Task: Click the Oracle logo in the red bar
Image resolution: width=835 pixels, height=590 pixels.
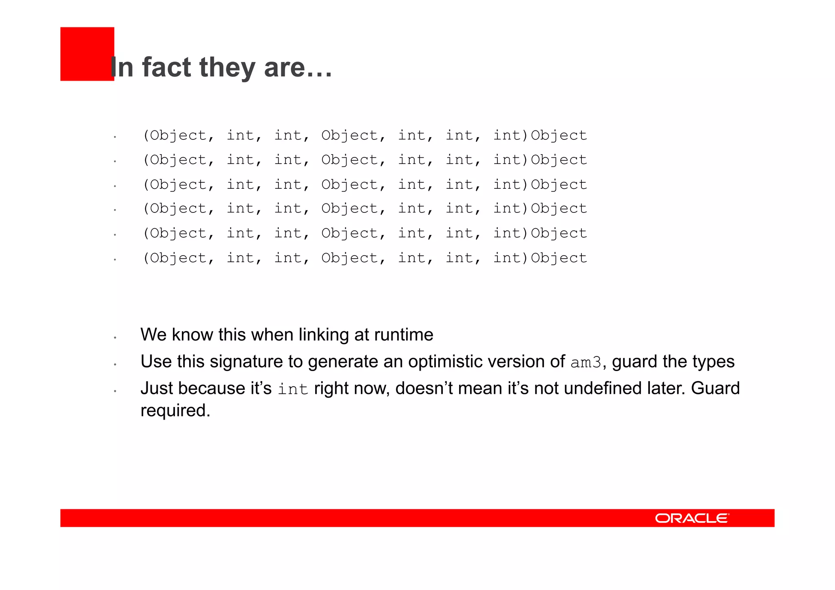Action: (692, 518)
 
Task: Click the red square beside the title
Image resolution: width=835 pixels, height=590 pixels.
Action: (87, 53)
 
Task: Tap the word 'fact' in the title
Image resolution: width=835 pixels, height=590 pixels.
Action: (166, 67)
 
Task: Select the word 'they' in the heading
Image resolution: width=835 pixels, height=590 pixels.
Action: (228, 68)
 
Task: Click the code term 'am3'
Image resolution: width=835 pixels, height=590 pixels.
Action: (585, 362)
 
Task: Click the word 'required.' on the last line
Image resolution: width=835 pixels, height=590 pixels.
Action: (175, 410)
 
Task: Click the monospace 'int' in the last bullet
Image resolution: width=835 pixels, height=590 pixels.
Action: (293, 389)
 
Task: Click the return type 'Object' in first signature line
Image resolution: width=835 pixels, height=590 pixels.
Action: (559, 135)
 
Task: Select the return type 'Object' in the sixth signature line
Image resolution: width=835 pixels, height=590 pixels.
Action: (559, 258)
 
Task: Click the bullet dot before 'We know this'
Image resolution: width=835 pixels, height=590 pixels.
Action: (115, 338)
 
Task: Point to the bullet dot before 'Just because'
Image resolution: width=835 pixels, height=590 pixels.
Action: (115, 391)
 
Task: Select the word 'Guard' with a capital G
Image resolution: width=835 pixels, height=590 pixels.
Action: (715, 388)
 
